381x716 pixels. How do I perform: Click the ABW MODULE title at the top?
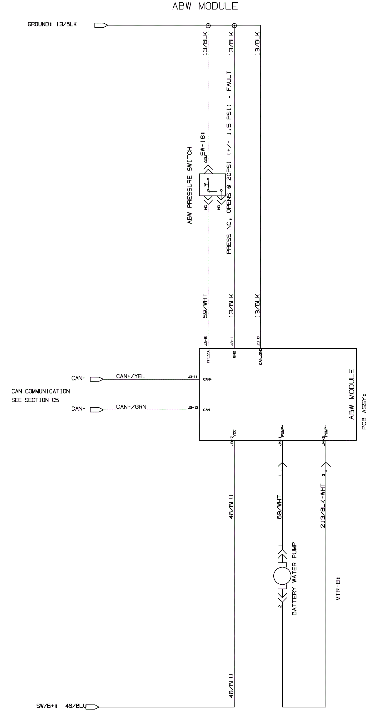(x=205, y=6)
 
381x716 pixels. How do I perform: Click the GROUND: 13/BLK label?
(x=52, y=25)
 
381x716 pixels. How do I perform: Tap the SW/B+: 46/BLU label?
(x=61, y=706)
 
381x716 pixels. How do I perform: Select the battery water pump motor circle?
(x=282, y=577)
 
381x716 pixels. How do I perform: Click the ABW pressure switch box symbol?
(x=212, y=185)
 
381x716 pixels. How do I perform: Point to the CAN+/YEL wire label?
(x=130, y=376)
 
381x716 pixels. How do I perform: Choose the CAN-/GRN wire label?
(x=131, y=407)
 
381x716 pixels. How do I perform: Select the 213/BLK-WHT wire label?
(x=323, y=506)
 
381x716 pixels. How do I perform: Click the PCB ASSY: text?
(x=364, y=411)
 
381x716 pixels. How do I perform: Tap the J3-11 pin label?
(x=193, y=377)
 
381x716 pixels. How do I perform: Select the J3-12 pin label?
(x=193, y=408)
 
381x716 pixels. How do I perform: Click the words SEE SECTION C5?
(x=35, y=400)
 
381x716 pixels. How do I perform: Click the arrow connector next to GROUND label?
(x=101, y=25)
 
